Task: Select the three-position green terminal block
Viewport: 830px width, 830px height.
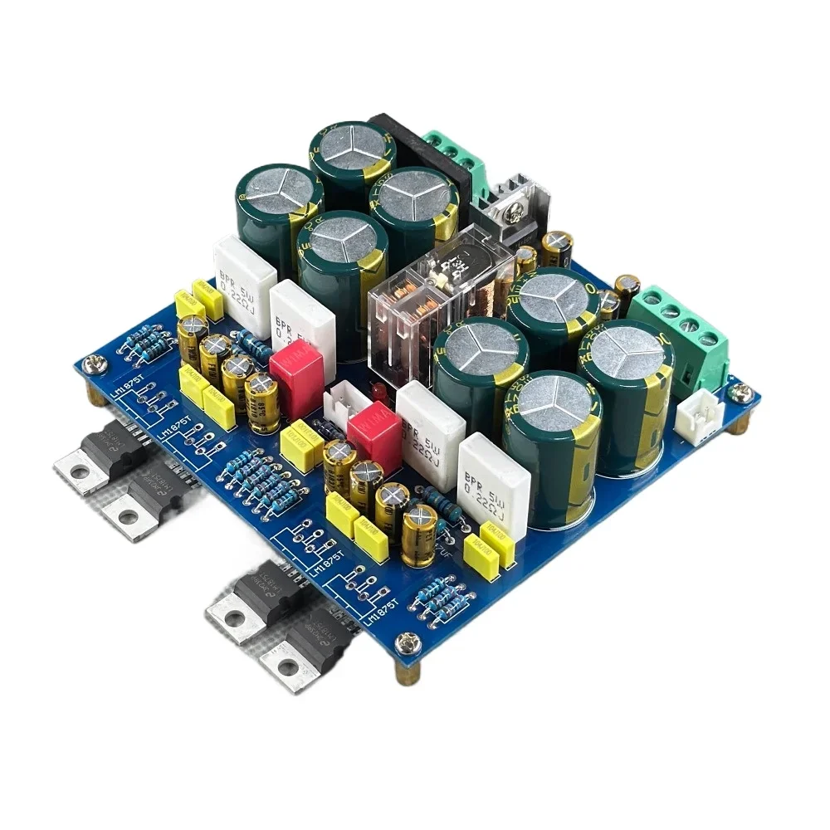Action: [455, 158]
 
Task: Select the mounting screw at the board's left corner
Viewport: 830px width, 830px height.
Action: [93, 363]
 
